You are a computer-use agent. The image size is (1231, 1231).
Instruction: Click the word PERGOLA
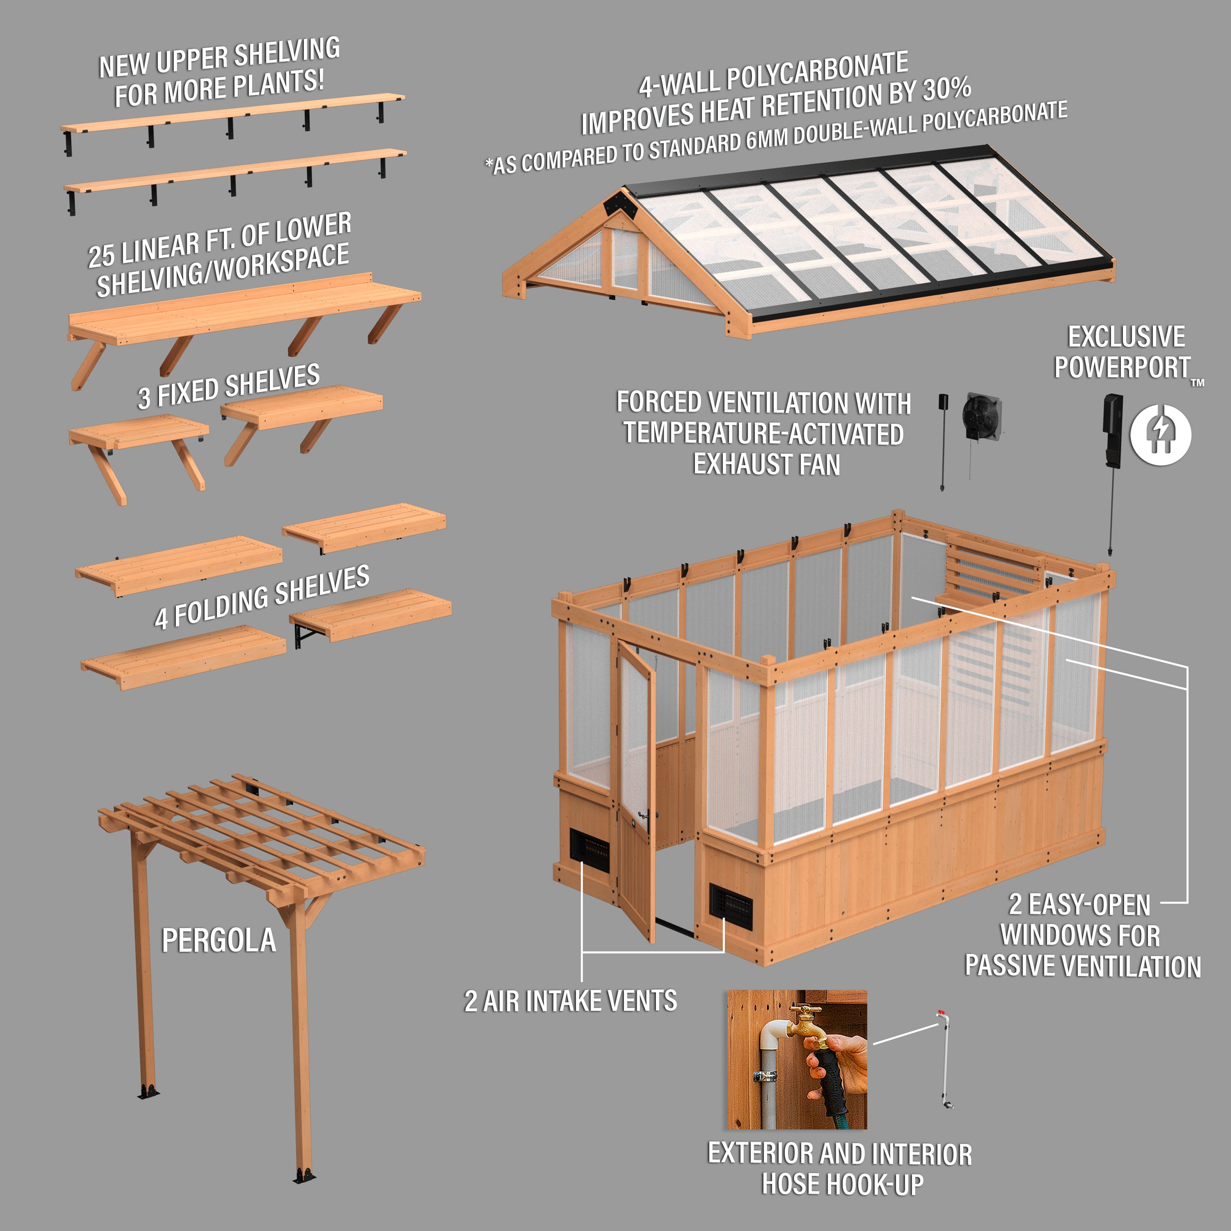coord(219,941)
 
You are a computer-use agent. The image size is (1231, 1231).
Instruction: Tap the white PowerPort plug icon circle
coord(1160,435)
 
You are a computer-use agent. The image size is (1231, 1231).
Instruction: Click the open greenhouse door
coord(636,790)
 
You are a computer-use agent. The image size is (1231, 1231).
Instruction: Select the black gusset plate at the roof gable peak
coord(618,204)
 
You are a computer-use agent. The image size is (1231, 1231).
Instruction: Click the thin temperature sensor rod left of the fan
coord(942,446)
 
